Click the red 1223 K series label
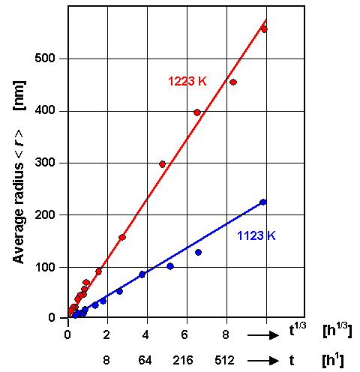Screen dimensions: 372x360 [187, 80]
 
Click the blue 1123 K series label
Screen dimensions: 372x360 [256, 235]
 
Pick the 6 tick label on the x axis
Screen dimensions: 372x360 [187, 333]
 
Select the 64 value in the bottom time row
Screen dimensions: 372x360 [145, 360]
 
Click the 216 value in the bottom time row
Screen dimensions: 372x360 [185, 360]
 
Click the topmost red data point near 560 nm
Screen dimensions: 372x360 [263, 28]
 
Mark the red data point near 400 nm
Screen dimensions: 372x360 [197, 112]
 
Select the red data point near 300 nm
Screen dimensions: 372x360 [162, 163]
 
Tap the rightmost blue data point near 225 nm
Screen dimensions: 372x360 [262, 202]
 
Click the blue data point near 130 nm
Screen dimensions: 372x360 [198, 252]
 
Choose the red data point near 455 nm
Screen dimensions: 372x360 [233, 82]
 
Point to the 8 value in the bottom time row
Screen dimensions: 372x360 [106, 360]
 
